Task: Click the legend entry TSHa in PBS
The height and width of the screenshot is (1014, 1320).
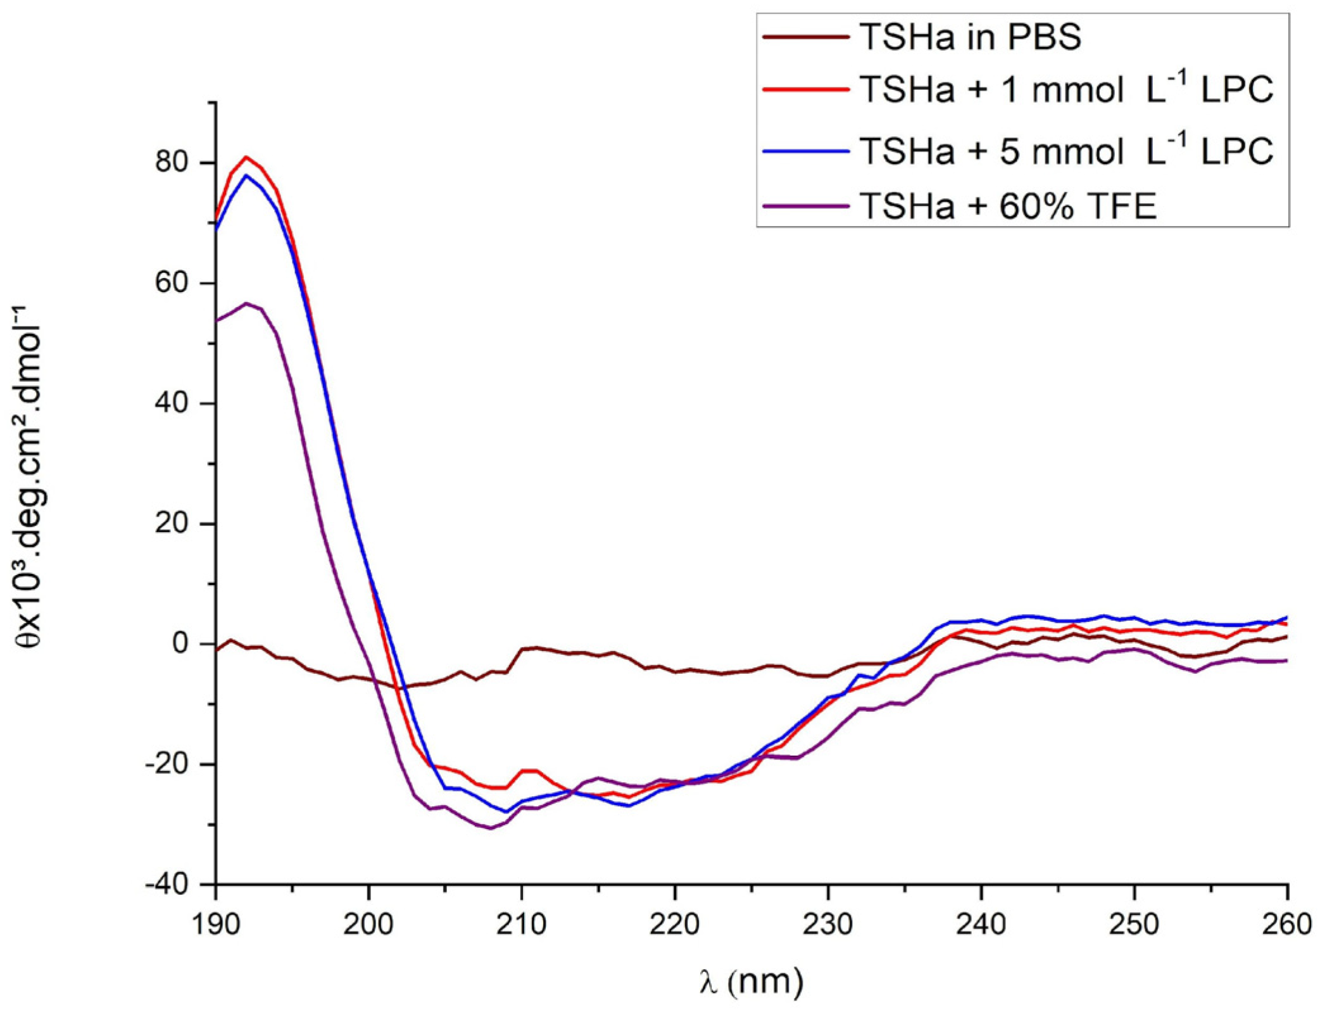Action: (x=970, y=37)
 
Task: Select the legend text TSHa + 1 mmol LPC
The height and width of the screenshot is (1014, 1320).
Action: (x=1066, y=89)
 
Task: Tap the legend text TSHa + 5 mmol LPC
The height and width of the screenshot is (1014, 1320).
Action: (x=1066, y=151)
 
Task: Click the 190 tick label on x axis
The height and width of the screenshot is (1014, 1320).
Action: (x=216, y=924)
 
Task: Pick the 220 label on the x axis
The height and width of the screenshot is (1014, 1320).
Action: (x=675, y=924)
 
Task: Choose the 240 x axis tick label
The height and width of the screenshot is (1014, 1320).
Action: (x=981, y=924)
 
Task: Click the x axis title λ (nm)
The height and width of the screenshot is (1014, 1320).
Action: (x=751, y=982)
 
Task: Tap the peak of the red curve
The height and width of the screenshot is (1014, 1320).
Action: (x=246, y=156)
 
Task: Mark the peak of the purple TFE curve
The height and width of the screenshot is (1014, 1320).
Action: (x=246, y=303)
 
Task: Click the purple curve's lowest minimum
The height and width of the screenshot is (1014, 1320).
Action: (x=491, y=828)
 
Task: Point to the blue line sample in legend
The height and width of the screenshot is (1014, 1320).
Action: (x=805, y=151)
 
